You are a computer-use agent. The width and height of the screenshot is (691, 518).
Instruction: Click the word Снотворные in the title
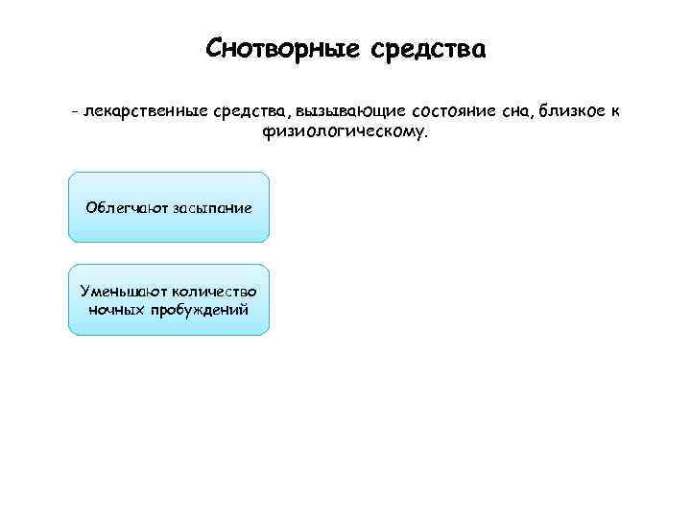279,48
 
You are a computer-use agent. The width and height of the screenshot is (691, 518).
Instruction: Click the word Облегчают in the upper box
127,207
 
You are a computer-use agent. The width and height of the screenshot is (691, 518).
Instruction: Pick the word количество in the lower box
216,291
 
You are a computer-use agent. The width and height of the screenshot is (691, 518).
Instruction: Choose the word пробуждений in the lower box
198,310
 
